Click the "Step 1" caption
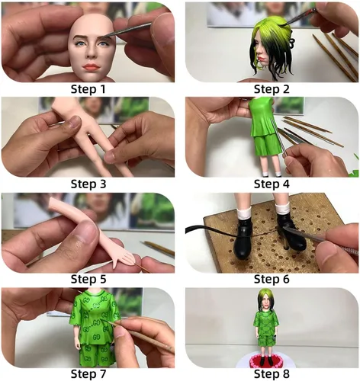click(88, 89)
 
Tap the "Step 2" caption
click(272, 89)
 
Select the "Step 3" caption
click(88, 184)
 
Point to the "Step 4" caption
click(272, 184)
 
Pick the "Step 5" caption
click(88, 279)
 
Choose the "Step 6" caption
click(272, 279)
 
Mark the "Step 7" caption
click(88, 374)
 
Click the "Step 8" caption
click(272, 374)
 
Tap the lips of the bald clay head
click(92, 67)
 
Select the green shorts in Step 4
click(268, 145)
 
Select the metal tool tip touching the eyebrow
click(108, 36)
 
